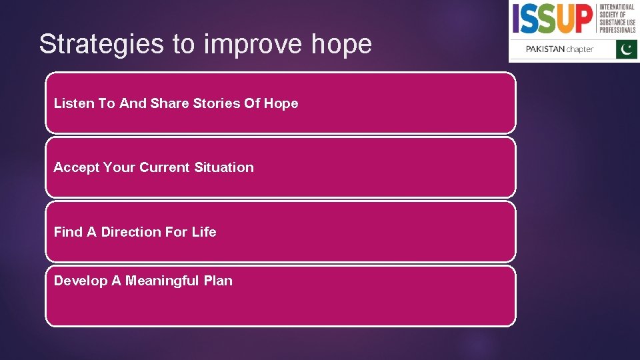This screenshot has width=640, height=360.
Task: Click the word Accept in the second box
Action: [x=76, y=167]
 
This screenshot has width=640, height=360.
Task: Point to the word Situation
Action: [x=224, y=167]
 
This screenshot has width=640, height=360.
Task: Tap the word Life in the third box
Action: [x=204, y=232]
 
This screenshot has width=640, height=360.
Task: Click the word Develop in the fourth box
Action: [x=81, y=281]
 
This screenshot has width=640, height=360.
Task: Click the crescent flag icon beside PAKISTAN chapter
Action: [x=627, y=49]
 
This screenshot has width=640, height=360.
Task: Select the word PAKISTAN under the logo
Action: [x=545, y=49]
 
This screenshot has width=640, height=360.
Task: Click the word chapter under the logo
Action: [x=580, y=49]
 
